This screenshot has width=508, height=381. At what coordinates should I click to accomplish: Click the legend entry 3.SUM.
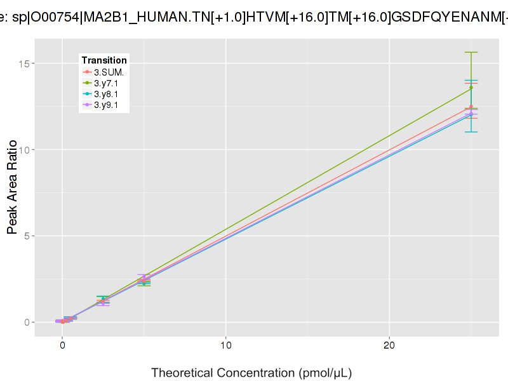click(109, 72)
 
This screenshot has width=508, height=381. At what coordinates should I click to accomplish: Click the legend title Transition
click(104, 60)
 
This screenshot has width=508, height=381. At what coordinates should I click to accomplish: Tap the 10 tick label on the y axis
click(26, 150)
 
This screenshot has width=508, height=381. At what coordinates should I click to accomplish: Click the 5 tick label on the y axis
click(29, 236)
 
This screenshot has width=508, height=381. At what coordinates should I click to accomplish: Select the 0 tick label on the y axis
click(29, 322)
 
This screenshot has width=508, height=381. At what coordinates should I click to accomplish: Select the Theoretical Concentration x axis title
click(251, 371)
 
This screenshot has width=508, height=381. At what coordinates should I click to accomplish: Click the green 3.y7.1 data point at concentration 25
click(471, 88)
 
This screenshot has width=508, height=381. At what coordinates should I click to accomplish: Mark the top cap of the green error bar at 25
click(471, 52)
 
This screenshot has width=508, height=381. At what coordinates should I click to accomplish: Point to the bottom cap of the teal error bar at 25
click(471, 131)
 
